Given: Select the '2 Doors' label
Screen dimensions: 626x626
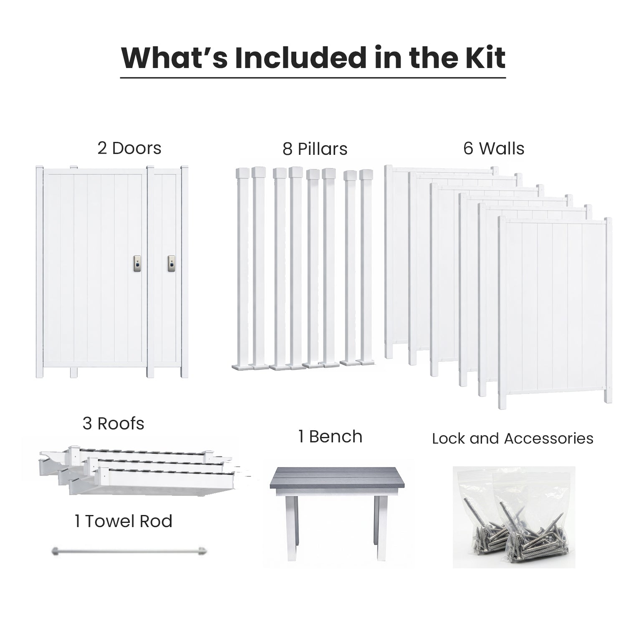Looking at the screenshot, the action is [129, 148].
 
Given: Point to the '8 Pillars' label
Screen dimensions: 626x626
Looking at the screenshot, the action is [315, 149].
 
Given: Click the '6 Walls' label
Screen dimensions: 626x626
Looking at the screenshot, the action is [494, 148].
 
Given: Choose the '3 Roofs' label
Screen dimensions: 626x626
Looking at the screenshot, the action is [113, 424].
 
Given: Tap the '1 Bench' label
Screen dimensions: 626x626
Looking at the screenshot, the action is [330, 437].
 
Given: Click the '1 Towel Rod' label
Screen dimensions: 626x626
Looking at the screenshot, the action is [123, 521].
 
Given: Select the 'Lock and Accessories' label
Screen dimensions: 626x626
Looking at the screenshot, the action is [512, 439].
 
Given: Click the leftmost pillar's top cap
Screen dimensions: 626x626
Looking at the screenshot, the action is [242, 172].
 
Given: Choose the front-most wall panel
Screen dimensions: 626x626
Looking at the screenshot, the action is [555, 313].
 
